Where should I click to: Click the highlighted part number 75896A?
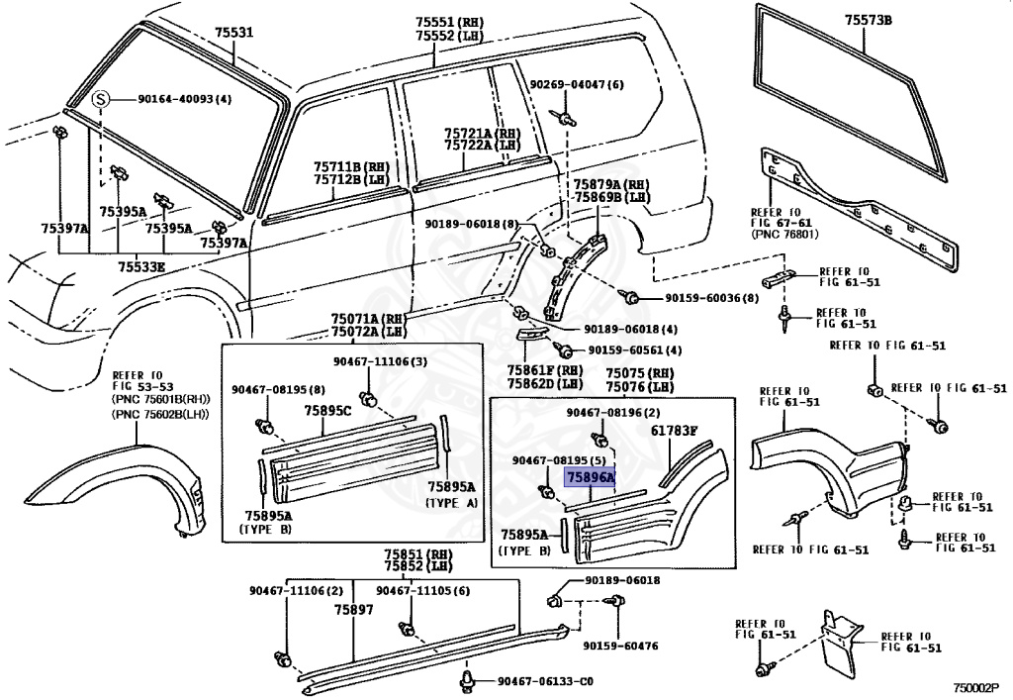[590, 477]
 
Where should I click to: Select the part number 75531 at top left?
[234, 33]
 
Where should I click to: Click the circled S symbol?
[100, 99]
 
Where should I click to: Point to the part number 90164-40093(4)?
[184, 99]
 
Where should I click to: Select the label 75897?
[353, 610]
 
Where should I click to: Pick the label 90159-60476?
[620, 646]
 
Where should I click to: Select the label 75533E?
[141, 266]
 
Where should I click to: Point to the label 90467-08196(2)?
[612, 411]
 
